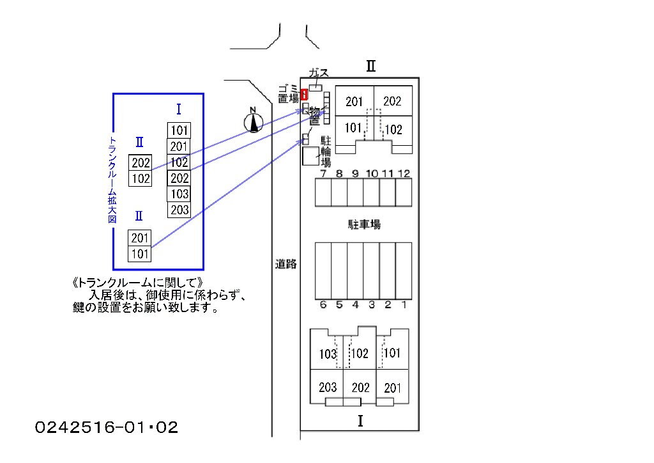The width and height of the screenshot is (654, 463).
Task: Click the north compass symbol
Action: (254, 120)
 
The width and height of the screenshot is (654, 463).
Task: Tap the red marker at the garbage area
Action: (304, 94)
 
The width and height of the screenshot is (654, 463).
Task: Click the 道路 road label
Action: (286, 263)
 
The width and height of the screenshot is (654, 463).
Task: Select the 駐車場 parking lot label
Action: (364, 224)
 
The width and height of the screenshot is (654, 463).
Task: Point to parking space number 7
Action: (323, 192)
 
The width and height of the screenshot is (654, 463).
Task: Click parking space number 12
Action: (404, 192)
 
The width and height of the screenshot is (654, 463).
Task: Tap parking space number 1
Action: (404, 271)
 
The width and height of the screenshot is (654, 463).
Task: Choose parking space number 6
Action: (323, 271)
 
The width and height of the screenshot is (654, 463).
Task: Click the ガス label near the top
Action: (318, 73)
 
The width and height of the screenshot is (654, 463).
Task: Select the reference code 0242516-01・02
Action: (107, 427)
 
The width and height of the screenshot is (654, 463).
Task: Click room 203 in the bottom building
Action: (327, 387)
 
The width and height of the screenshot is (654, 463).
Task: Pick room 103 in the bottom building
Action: (327, 354)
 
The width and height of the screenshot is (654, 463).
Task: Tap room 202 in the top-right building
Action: (392, 101)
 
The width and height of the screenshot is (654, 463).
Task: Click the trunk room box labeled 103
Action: (179, 194)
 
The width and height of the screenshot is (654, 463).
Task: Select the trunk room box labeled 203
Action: (179, 210)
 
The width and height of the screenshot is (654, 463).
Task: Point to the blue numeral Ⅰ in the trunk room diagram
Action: (179, 109)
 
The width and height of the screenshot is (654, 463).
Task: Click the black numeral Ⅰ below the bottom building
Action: (360, 421)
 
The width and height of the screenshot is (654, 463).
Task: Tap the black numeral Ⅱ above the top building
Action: (370, 66)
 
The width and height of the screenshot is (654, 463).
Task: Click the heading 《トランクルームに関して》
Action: (138, 282)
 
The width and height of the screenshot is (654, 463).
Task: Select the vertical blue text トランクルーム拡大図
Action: (113, 180)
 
